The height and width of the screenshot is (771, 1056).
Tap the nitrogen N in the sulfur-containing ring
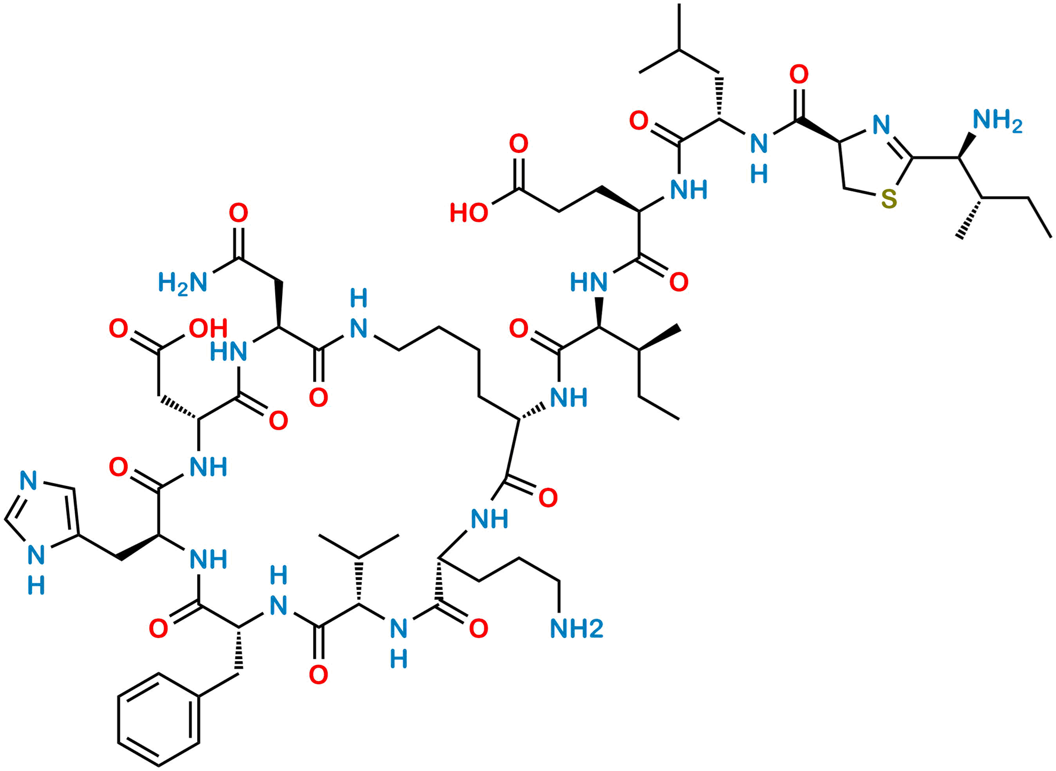pos(881,125)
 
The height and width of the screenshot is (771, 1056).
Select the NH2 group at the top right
pos(998,121)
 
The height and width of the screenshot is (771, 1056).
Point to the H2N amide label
pos(182,282)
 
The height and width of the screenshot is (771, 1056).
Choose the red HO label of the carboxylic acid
pos(468,212)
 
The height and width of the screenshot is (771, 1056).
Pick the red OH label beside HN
pos(209,328)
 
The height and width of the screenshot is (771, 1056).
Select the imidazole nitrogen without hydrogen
pos(28,480)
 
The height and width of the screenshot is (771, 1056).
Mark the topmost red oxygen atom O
pos(798,75)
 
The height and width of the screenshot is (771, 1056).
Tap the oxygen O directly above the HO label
pos(518,143)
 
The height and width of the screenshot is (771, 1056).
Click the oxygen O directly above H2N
pos(238,213)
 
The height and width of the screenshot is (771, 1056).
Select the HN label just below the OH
pos(228,351)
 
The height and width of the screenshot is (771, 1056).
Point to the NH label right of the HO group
pos(689,189)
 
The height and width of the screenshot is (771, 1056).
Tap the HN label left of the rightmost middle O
pos(589,282)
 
